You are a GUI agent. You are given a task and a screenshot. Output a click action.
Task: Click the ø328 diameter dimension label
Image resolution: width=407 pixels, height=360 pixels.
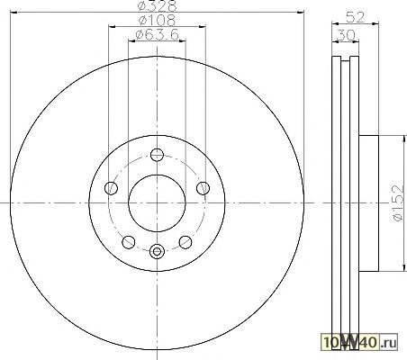[x=157, y=4]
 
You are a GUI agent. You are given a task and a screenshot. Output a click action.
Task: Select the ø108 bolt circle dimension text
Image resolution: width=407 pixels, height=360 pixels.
[x=157, y=20]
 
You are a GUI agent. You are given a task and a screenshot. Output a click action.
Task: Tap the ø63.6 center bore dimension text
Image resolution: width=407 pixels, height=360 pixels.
[x=157, y=34]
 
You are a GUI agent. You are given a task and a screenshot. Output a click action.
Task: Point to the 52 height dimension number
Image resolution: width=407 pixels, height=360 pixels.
[x=356, y=17]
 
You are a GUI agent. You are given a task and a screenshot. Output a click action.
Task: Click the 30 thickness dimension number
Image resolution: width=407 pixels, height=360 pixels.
[x=346, y=35]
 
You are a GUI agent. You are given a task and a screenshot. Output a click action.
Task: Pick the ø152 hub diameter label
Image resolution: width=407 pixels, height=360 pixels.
[x=398, y=203]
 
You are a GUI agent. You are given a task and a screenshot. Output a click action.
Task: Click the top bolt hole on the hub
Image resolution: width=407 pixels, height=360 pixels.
[x=157, y=155]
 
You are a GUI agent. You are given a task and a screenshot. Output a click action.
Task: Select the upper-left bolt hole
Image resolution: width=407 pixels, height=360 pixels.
[x=111, y=188]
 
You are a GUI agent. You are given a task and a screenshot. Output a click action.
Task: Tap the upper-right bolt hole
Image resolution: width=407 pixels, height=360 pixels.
[x=203, y=188]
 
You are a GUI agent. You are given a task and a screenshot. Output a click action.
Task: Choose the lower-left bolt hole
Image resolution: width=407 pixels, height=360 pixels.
[x=129, y=242]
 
